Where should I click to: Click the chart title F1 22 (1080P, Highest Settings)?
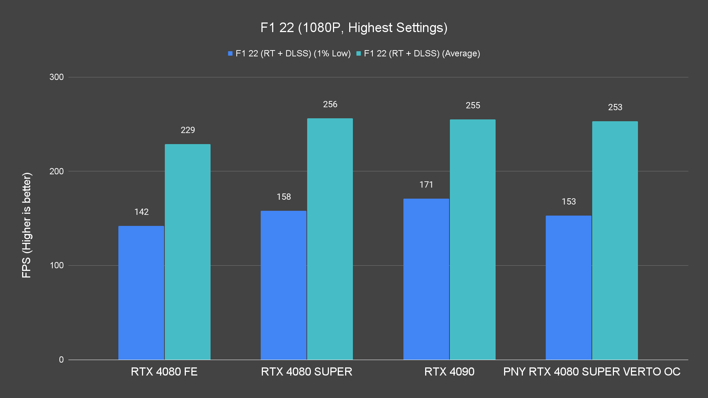354,28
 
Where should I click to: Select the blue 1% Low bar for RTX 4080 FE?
141,293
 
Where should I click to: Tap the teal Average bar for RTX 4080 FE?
188,252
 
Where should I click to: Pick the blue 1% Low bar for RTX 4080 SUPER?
284,285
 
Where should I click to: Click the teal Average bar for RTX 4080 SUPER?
330,239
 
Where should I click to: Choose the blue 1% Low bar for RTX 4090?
426,279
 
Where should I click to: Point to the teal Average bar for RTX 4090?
473,240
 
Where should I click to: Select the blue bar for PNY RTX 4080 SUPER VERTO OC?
569,287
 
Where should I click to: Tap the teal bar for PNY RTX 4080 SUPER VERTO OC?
615,240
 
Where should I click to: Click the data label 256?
330,104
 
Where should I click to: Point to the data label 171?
426,185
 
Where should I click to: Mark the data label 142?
141,212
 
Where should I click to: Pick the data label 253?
615,107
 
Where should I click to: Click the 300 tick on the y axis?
56,77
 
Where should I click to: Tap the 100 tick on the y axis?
56,265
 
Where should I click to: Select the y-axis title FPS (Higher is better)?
27,225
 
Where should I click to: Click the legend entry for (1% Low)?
289,53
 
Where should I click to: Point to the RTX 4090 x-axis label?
449,371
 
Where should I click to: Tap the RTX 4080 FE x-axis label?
164,371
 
